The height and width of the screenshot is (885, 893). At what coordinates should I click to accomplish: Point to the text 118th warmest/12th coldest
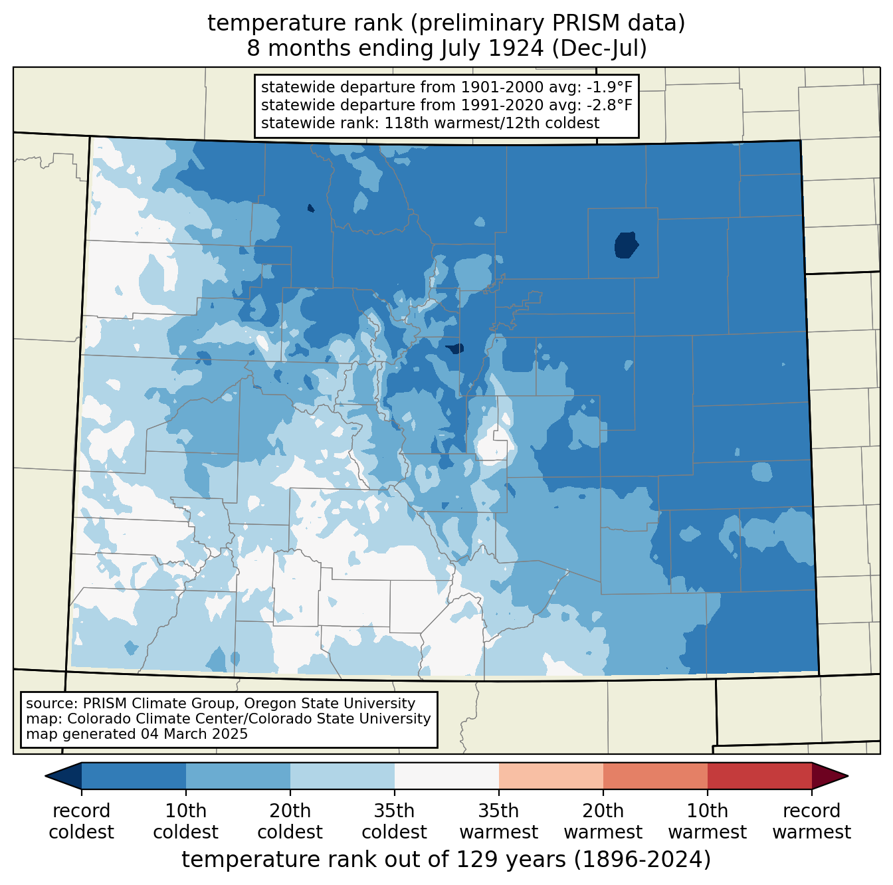(492, 124)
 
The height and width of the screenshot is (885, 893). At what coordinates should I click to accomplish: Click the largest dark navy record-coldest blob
(626, 245)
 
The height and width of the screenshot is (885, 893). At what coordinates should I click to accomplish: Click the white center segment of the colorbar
(446, 775)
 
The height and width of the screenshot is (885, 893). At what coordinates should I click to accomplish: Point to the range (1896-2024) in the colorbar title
(643, 860)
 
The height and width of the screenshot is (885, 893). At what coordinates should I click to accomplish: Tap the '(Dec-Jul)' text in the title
(599, 48)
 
